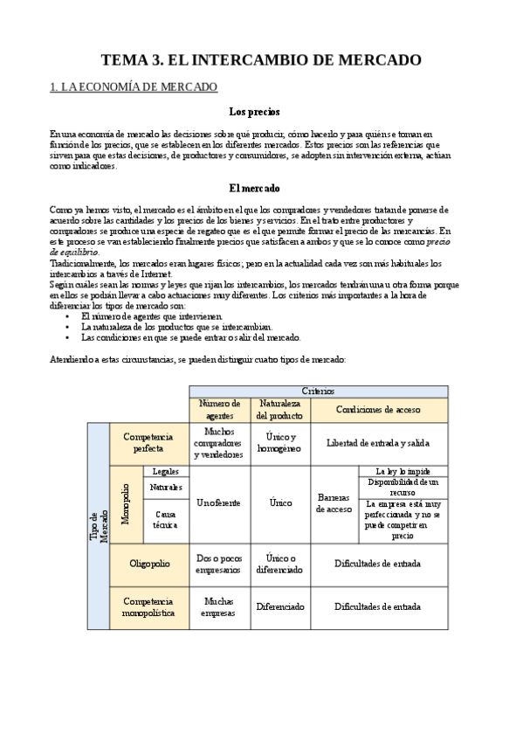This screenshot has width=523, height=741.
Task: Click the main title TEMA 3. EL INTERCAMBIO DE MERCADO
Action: click(261, 60)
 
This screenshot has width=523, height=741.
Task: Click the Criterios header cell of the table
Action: click(318, 391)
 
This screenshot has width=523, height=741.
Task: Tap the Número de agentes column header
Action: click(219, 409)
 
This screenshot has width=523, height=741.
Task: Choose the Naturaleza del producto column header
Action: click(279, 409)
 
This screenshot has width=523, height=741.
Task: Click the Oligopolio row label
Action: click(148, 564)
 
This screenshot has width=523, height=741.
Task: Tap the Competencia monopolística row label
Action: click(148, 606)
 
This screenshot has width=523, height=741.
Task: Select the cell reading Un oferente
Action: click(219, 504)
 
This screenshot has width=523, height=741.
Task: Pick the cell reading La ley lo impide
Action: click(403, 471)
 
